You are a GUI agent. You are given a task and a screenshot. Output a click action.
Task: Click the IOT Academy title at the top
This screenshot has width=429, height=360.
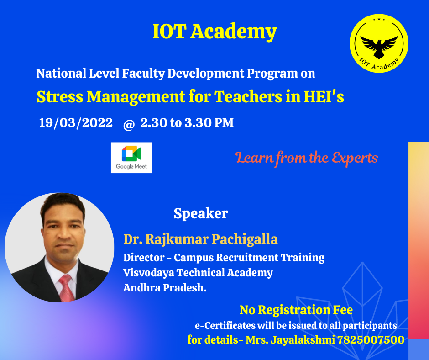click(215, 32)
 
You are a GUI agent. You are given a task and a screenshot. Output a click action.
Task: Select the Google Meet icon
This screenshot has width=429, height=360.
click(131, 158)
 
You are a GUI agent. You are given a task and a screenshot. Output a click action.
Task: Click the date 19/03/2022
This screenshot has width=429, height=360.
click(76, 123)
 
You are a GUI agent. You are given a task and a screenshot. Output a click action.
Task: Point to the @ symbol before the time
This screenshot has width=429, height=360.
click(129, 125)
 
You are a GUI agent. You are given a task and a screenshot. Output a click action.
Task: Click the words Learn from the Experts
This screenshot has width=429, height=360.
click(306, 158)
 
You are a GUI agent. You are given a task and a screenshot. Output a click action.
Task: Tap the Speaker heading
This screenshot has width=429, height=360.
click(201, 213)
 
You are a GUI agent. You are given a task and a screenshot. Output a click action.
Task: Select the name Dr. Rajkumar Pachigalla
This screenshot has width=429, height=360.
click(200, 239)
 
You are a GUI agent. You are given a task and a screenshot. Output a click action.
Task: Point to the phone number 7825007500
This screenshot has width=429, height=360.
click(371, 340)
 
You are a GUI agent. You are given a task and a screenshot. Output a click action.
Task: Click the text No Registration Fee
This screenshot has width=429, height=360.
click(296, 310)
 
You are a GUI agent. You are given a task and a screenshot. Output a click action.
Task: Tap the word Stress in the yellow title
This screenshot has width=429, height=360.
click(60, 97)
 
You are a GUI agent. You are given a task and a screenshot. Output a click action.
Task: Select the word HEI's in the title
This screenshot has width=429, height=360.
click(324, 96)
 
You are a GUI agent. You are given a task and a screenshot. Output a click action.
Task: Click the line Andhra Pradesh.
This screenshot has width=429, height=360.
click(165, 288)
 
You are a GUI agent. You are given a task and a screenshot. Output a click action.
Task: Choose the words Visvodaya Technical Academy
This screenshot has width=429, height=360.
click(198, 273)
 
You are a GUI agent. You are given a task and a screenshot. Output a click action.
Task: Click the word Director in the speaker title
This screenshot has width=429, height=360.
click(144, 258)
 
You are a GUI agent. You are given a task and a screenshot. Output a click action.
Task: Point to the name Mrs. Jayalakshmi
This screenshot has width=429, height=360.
click(290, 340)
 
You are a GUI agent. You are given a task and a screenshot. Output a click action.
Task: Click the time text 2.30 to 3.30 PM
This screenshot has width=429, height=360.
click(187, 123)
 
